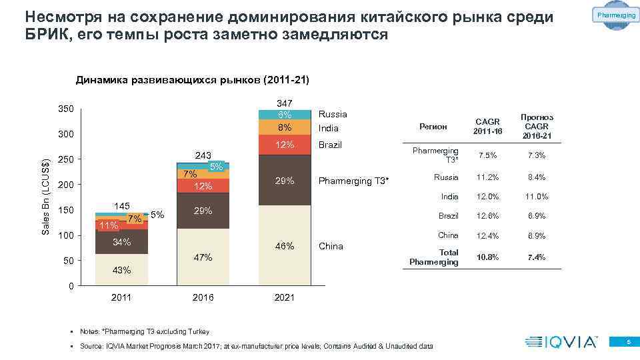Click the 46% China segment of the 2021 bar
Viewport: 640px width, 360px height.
(285, 246)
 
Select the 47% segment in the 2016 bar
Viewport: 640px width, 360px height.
(203, 257)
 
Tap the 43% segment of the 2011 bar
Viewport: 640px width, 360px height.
(121, 270)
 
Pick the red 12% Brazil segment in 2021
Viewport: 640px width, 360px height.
(285, 145)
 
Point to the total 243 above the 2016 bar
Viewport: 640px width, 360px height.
(203, 155)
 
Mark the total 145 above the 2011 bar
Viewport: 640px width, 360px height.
(121, 206)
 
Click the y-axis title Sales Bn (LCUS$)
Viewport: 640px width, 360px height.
(45, 197)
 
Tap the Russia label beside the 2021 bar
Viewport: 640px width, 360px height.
(333, 114)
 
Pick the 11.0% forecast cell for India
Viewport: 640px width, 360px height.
(536, 197)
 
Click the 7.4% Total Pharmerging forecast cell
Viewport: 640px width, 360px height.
(536, 257)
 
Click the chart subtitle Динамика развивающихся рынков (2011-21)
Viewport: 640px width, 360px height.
(192, 81)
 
